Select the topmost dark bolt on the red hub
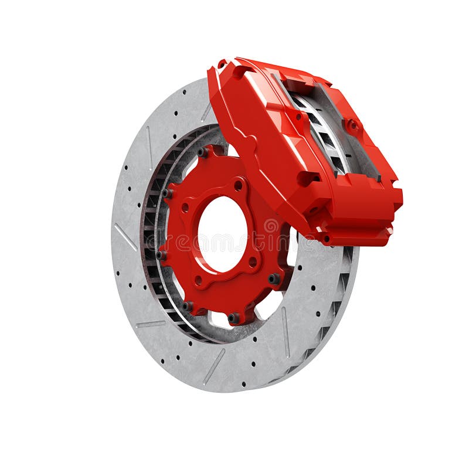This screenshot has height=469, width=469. (203, 152)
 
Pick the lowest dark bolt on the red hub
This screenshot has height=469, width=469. (234, 318)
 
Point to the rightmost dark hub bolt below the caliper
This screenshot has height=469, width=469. (274, 279)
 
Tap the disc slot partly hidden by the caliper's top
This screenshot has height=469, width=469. (206, 111)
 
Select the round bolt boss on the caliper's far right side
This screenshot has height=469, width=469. (352, 125)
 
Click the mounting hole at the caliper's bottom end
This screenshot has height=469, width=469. (324, 238)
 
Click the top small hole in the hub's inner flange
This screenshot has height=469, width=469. (238, 185)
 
